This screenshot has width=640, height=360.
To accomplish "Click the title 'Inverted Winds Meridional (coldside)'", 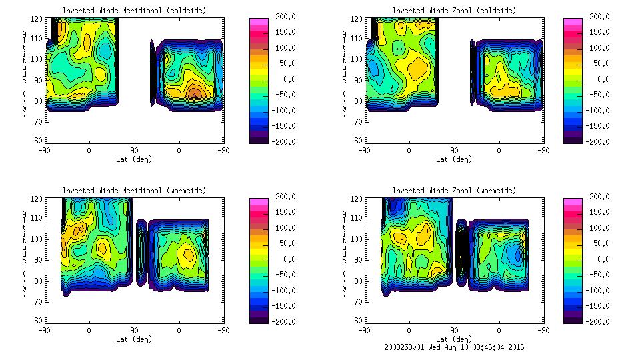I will point(134,10).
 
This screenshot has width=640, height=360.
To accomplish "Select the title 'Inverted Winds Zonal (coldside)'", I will point(454,10).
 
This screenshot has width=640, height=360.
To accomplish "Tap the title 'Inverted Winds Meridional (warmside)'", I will point(134,190).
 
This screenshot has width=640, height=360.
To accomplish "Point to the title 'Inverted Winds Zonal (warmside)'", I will point(454,190).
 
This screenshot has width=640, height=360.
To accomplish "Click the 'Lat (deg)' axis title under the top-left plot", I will point(134,159).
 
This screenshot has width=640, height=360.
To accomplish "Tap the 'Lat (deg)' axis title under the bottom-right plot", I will point(454,339).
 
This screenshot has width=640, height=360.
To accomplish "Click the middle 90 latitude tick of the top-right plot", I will point(454,151).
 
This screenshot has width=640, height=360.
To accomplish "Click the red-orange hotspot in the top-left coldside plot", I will point(194,92).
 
